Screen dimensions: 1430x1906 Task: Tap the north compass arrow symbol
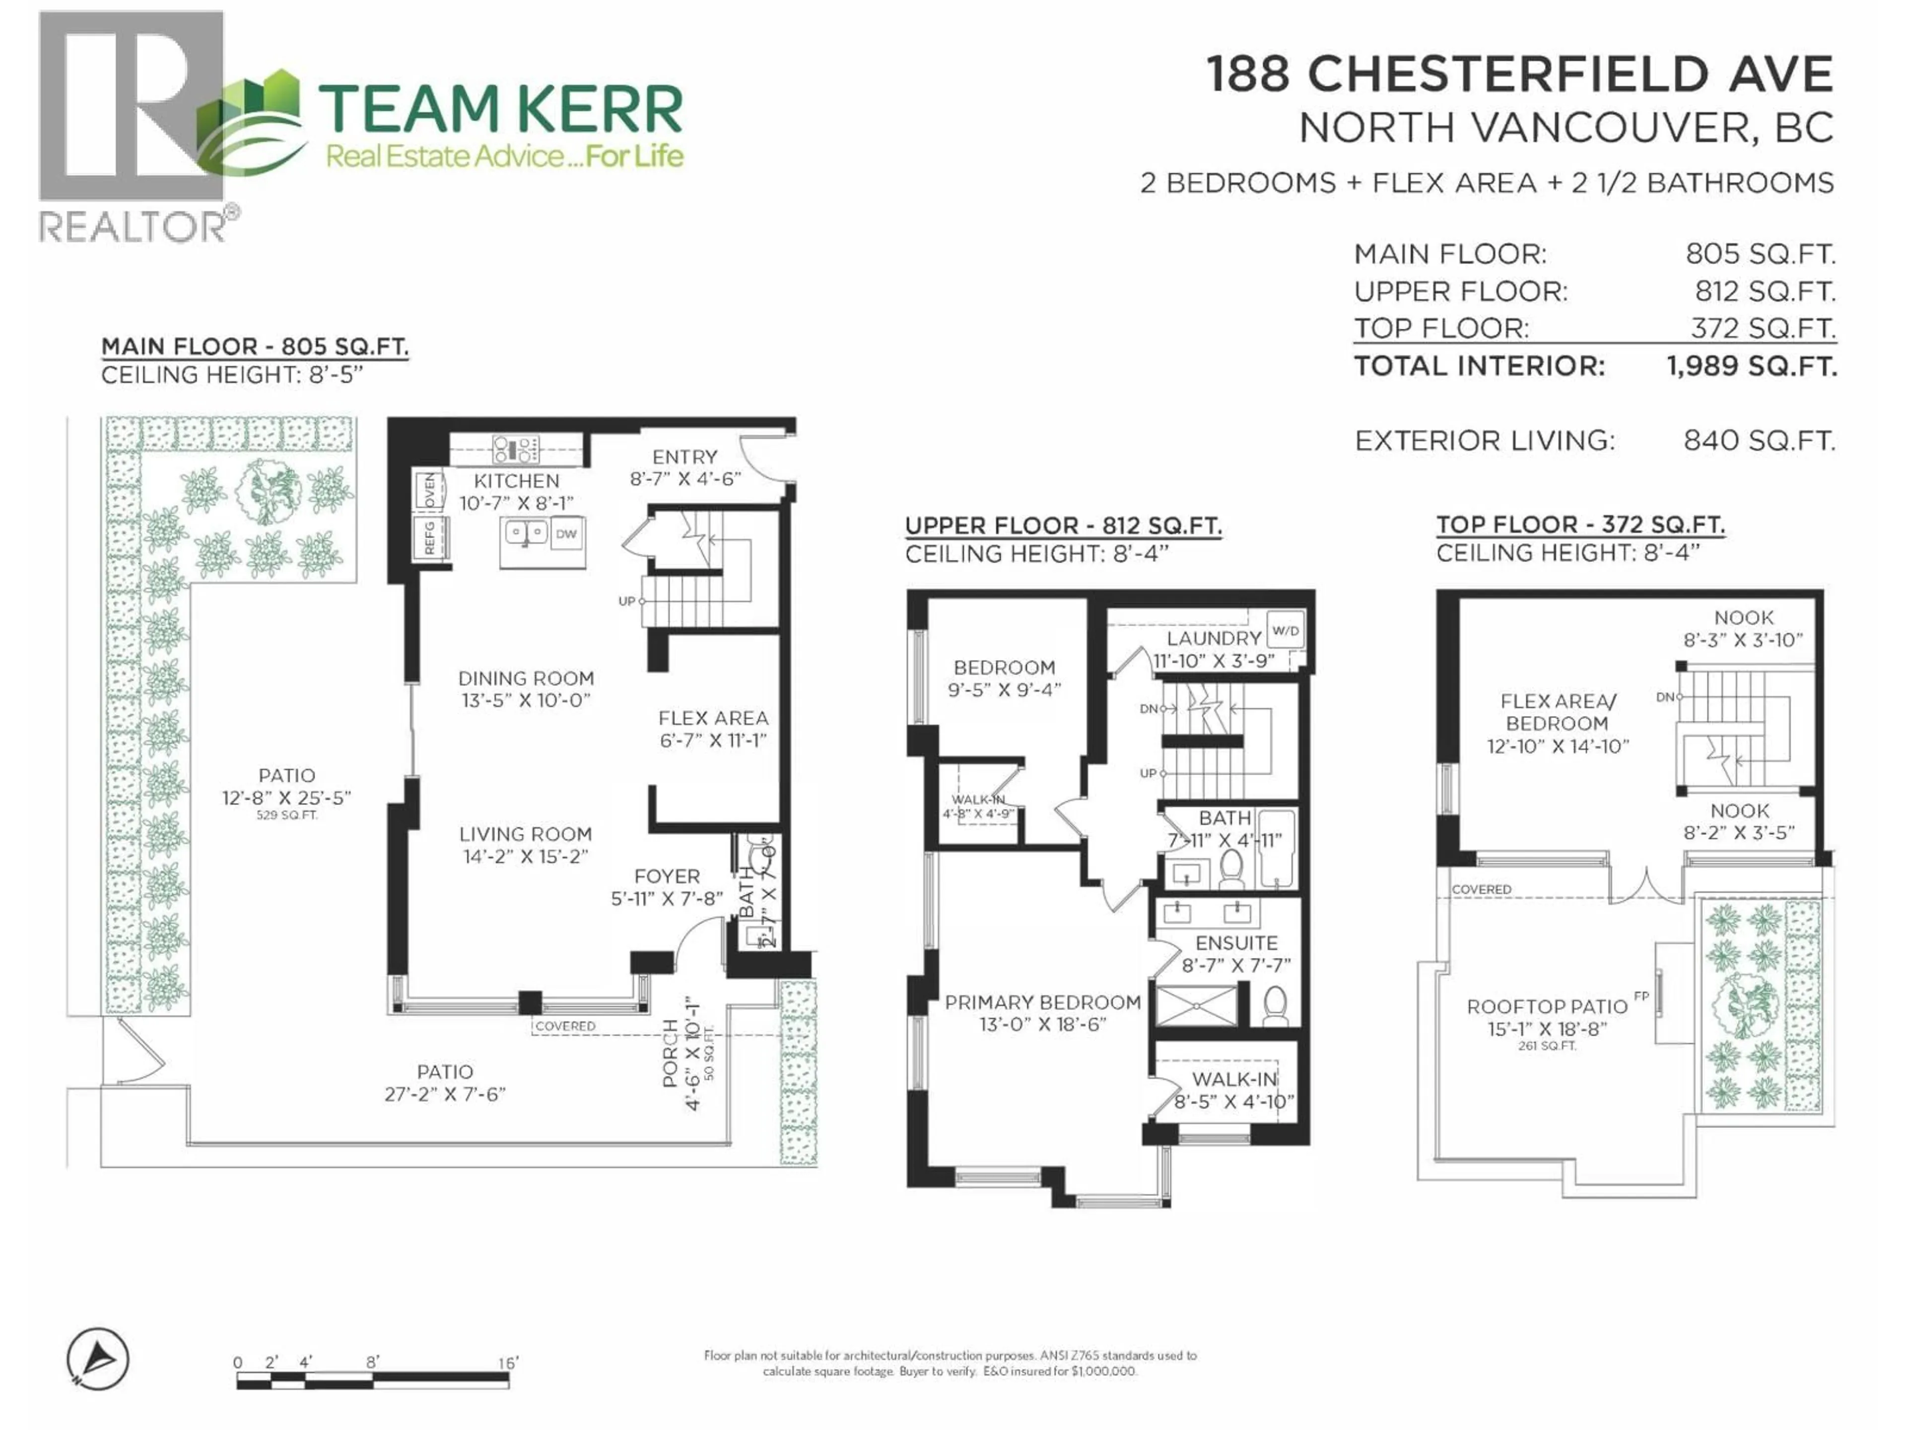[x=98, y=1359]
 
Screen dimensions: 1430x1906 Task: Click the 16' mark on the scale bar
[x=507, y=1363]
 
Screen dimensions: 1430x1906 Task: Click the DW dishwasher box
[x=566, y=534]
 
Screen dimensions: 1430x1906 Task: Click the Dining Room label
[x=526, y=678]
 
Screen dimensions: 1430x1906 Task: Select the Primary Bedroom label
[x=1043, y=1002]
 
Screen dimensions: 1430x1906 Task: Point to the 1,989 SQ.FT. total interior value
[x=1751, y=366]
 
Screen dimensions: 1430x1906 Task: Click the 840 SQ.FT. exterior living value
[x=1759, y=441]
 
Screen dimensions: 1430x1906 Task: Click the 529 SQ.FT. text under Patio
[x=287, y=815]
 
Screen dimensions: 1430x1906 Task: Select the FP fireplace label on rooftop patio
[x=1641, y=997]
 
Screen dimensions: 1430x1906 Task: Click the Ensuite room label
[x=1236, y=943]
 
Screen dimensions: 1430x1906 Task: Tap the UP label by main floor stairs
[x=626, y=601]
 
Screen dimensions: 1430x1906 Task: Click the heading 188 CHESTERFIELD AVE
[x=1519, y=74]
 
